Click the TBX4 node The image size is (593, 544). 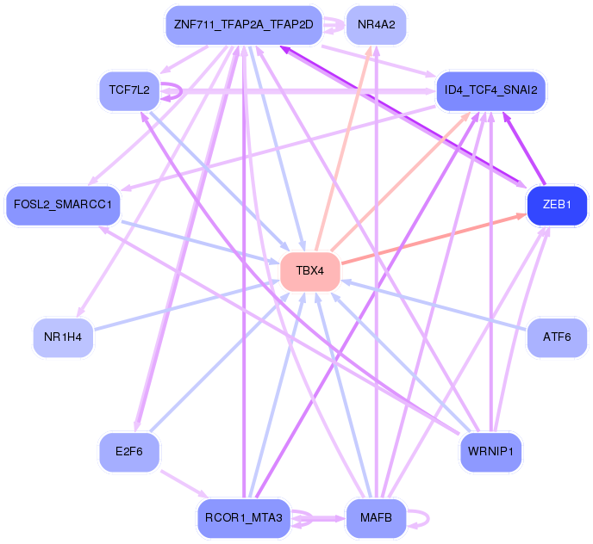click(x=309, y=271)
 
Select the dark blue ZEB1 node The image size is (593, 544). click(x=557, y=205)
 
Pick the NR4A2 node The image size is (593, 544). click(x=376, y=24)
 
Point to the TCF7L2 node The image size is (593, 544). click(x=129, y=90)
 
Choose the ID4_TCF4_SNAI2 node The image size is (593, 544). click(x=491, y=90)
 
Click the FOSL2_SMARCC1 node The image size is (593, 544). click(x=63, y=206)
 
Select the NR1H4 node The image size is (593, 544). click(x=62, y=337)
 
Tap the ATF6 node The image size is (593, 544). click(x=557, y=337)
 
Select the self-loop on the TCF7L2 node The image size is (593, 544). click(x=175, y=90)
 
